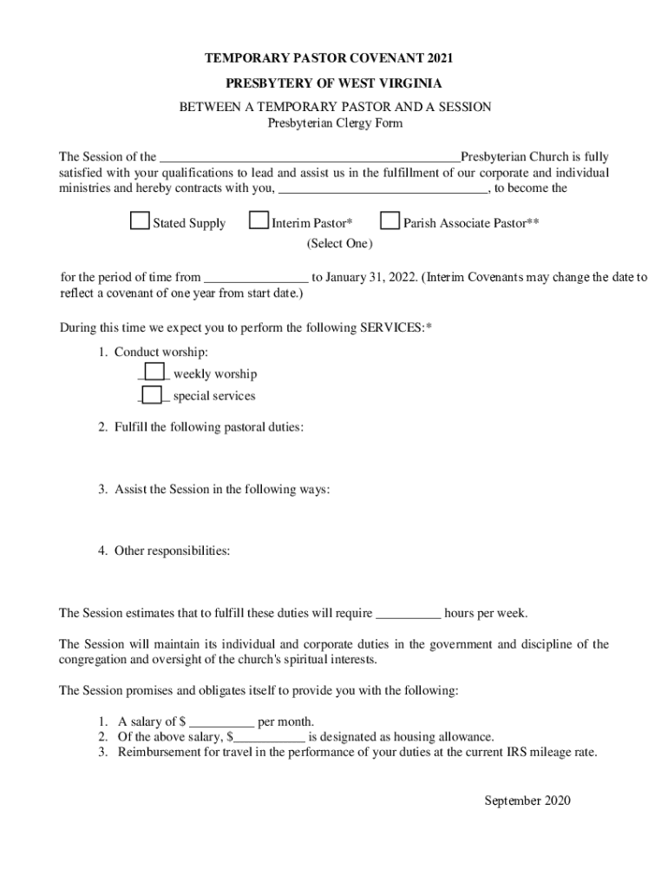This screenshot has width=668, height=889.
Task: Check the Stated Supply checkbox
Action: tap(140, 221)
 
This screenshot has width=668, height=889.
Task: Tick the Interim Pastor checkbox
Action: tap(259, 221)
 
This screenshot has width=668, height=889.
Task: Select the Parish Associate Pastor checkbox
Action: tap(390, 221)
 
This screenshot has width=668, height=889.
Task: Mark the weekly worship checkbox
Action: tap(154, 372)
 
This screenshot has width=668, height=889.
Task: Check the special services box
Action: tap(152, 395)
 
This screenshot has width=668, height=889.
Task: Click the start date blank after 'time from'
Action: tap(256, 278)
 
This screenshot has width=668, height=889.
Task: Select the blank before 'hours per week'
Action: tap(409, 614)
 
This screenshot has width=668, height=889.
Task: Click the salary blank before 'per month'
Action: tap(221, 722)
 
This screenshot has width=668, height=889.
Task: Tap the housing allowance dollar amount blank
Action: tap(270, 737)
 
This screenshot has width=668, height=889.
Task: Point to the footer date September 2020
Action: tap(527, 800)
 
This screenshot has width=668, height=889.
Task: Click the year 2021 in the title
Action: tap(439, 59)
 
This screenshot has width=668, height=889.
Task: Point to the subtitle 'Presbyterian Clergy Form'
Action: tap(334, 123)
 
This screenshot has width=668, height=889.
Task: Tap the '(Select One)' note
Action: tap(339, 244)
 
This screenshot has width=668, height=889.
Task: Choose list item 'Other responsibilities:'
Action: tap(172, 550)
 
